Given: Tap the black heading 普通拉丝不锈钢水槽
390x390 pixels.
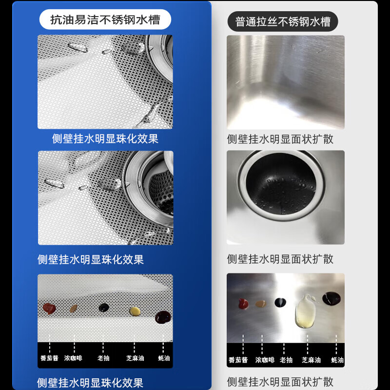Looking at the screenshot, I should (x=283, y=22).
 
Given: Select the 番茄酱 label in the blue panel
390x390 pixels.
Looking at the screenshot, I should (x=49, y=358).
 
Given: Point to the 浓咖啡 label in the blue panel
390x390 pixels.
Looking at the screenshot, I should (x=73, y=358).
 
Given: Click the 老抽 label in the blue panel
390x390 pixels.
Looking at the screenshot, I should (x=103, y=358).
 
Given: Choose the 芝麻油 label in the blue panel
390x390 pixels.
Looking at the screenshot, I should (x=135, y=358).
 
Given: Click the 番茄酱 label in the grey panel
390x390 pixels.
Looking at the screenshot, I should (x=238, y=360).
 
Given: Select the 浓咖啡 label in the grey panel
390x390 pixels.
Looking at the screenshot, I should (x=265, y=360).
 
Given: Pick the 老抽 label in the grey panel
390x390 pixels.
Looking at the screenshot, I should (x=287, y=360).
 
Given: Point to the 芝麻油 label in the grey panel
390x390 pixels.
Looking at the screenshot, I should (x=311, y=360).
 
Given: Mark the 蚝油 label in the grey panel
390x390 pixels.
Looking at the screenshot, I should (x=338, y=360).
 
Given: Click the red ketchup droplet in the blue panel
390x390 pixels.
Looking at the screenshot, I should (x=49, y=308).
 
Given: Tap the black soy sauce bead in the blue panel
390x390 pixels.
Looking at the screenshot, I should (x=103, y=308).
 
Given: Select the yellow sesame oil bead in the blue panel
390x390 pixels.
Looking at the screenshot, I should (x=135, y=311).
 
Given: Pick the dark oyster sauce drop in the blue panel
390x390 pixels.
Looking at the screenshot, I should (x=162, y=317).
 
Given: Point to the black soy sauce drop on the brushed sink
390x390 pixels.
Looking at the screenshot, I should (x=280, y=303).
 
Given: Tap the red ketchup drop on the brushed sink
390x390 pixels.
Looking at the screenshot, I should (x=243, y=304).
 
